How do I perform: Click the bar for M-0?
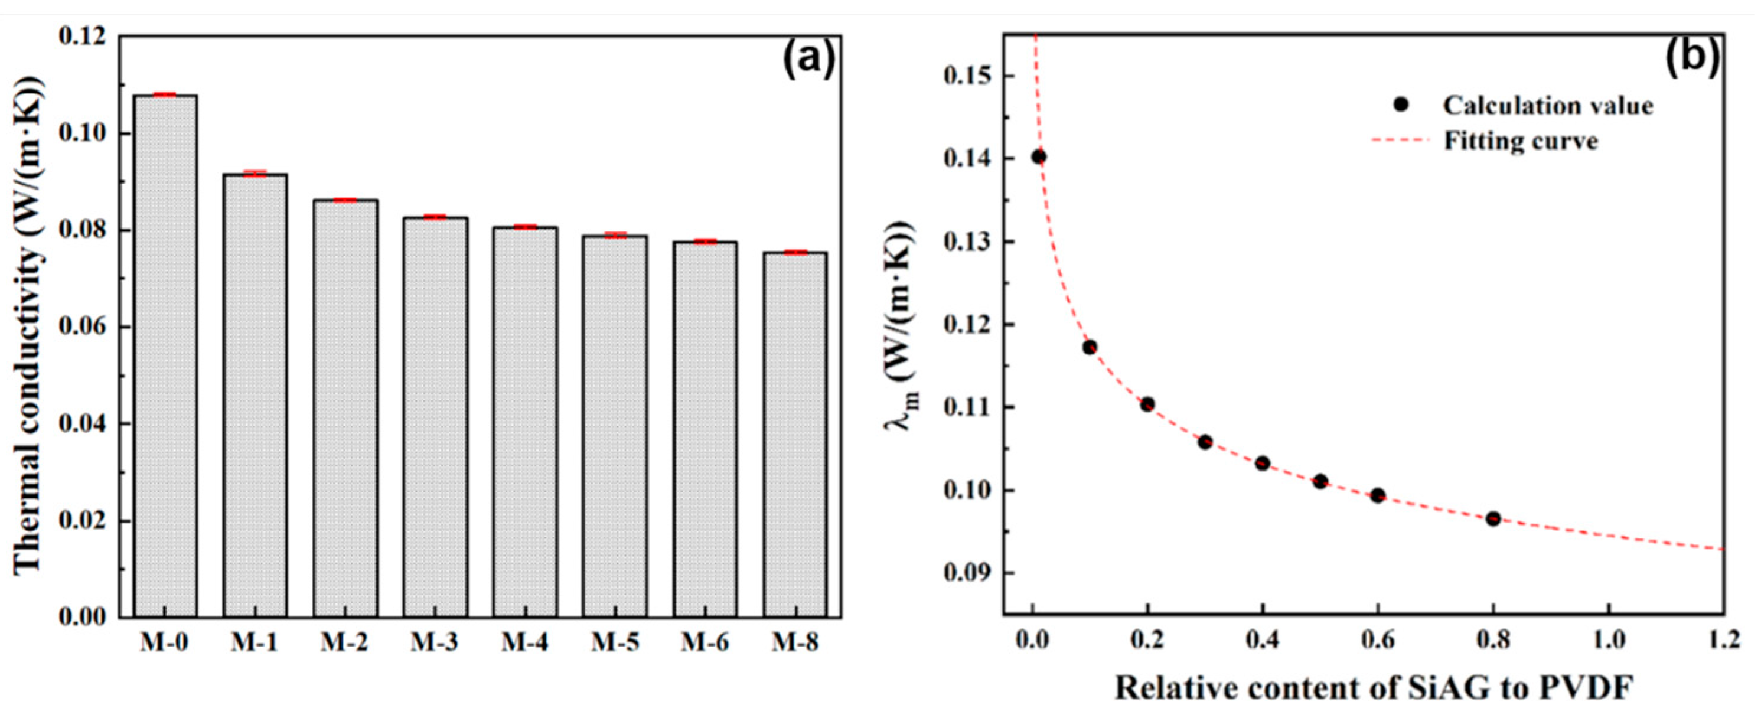[x=165, y=355]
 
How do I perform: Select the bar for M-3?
[x=435, y=417]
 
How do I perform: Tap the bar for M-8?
[x=794, y=434]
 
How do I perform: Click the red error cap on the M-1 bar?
[x=255, y=174]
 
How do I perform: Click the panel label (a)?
[x=808, y=60]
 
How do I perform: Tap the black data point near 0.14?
[x=1039, y=157]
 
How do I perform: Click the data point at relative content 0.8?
[x=1493, y=518]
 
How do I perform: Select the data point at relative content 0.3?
[x=1205, y=442]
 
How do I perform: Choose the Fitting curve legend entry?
[x=1497, y=141]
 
